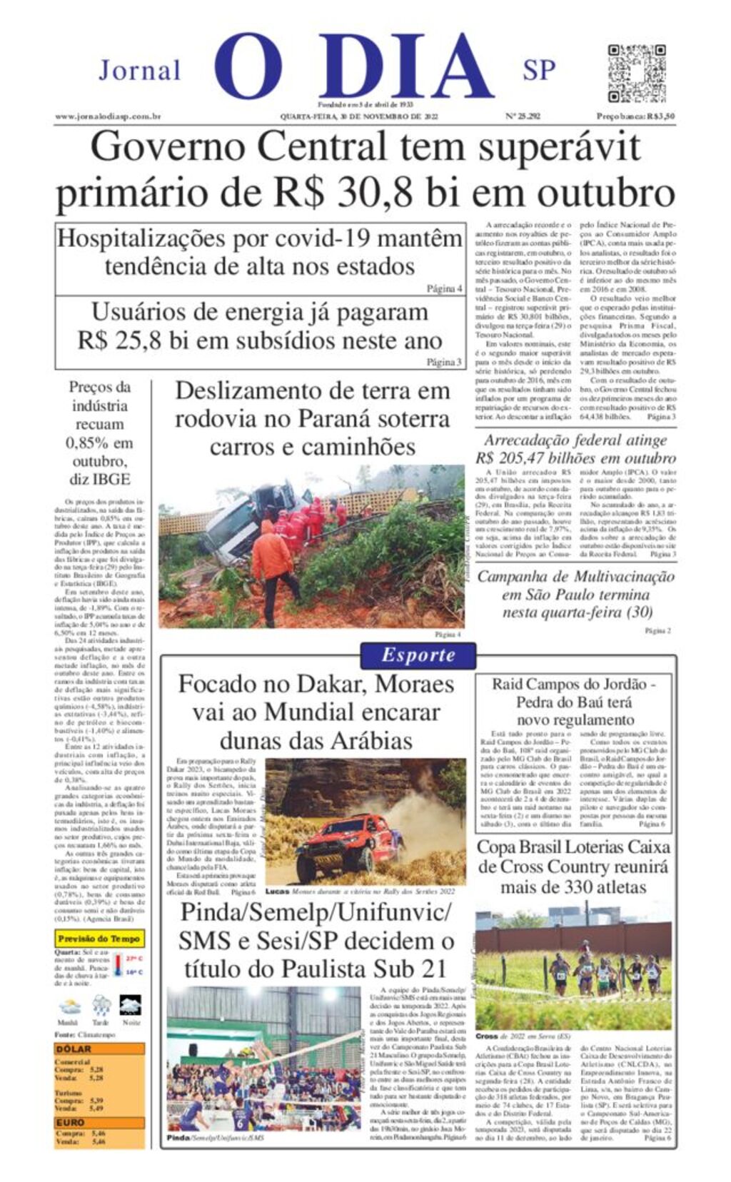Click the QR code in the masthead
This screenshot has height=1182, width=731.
637,73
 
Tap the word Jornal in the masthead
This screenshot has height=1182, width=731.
140,71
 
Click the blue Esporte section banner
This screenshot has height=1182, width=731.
418,655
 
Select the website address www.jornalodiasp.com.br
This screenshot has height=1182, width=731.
108,116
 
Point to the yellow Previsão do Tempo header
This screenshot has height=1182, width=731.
99,939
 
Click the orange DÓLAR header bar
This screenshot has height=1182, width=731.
99,1049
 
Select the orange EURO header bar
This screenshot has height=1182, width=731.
99,1122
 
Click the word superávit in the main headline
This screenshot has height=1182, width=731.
559,148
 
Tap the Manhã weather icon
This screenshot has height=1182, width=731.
69,1006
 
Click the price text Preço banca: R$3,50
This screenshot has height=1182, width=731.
635,116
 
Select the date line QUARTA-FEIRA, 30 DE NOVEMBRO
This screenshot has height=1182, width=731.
358,116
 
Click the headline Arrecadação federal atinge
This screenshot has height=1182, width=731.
575,440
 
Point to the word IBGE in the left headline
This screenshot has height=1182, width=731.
110,479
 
